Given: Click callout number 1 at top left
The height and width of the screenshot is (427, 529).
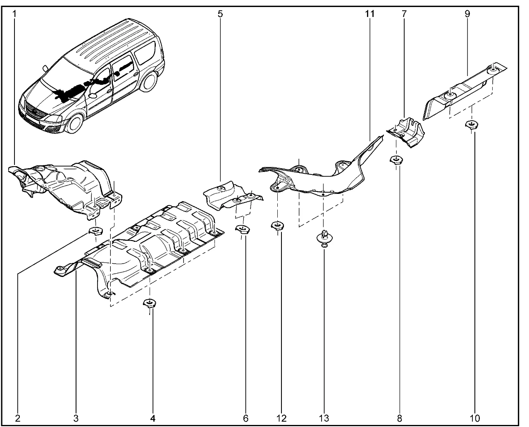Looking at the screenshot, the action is pyautogui.click(x=14, y=14).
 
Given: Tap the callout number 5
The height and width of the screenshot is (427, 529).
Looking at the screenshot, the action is pyautogui.click(x=220, y=14).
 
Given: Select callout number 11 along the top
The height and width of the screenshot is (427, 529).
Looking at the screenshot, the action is pyautogui.click(x=369, y=14).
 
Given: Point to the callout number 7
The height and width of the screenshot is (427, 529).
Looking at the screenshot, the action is pyautogui.click(x=404, y=14).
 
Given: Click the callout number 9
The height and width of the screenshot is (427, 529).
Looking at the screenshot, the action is pyautogui.click(x=467, y=14).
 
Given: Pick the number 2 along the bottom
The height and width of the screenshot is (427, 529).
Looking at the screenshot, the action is pyautogui.click(x=18, y=418).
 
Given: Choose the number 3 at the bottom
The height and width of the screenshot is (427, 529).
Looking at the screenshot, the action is pyautogui.click(x=76, y=418).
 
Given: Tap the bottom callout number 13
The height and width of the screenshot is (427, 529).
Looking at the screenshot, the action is pyautogui.click(x=324, y=418).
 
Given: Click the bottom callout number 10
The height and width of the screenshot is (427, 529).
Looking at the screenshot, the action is pyautogui.click(x=475, y=418).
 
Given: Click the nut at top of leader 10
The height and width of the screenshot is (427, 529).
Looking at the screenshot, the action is pyautogui.click(x=472, y=124).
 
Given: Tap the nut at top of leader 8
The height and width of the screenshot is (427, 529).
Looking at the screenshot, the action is pyautogui.click(x=396, y=159).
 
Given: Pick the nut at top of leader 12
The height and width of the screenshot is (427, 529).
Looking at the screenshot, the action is pyautogui.click(x=277, y=226).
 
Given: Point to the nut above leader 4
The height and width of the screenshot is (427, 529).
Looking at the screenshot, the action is pyautogui.click(x=150, y=303).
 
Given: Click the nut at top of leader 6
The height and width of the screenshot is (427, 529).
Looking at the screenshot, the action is pyautogui.click(x=243, y=229).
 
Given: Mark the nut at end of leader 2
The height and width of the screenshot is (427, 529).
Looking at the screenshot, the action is pyautogui.click(x=96, y=231).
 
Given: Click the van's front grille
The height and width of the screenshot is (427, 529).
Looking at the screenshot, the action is pyautogui.click(x=34, y=112).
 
